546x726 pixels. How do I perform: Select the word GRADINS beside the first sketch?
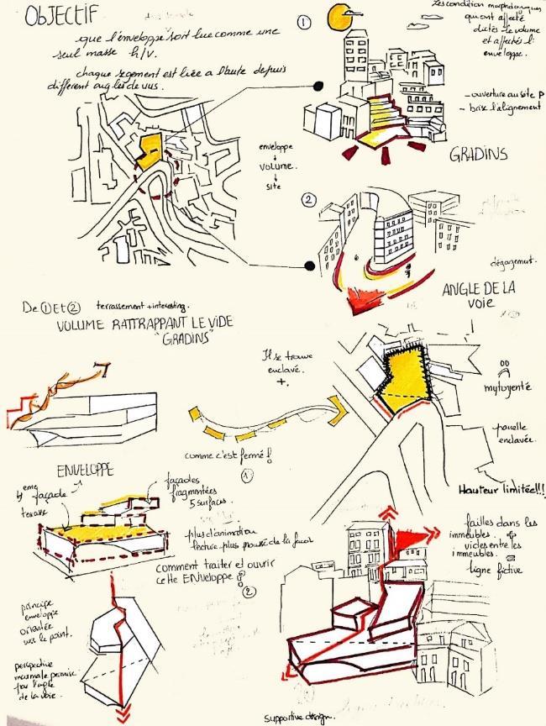click(479, 155)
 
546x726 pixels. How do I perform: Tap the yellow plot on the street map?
click(150, 150)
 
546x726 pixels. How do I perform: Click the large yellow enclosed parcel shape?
click(407, 377)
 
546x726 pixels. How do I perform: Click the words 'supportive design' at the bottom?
click(299, 717)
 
